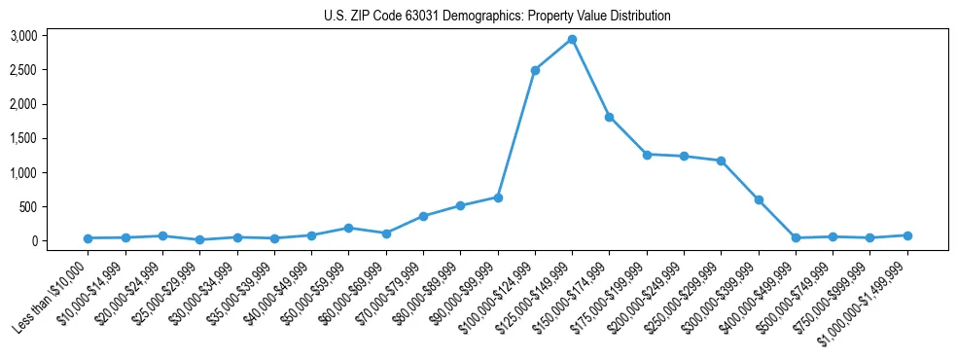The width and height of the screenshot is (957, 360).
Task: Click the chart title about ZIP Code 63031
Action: tap(497, 16)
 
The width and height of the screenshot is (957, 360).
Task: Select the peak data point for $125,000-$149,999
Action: tap(572, 40)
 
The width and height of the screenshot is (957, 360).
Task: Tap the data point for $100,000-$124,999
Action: tap(535, 70)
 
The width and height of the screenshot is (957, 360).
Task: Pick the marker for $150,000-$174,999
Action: tap(609, 117)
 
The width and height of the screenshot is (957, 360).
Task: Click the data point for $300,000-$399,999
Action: tap(759, 199)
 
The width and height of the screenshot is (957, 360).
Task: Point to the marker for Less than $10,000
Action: tap(88, 238)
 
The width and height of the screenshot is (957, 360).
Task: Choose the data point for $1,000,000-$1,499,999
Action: tap(907, 235)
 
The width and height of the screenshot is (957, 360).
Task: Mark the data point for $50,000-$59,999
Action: tap(348, 228)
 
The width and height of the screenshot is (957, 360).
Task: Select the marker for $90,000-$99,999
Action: tap(498, 198)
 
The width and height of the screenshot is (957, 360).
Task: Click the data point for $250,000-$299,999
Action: tap(721, 161)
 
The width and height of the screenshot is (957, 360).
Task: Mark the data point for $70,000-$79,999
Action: tap(423, 216)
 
